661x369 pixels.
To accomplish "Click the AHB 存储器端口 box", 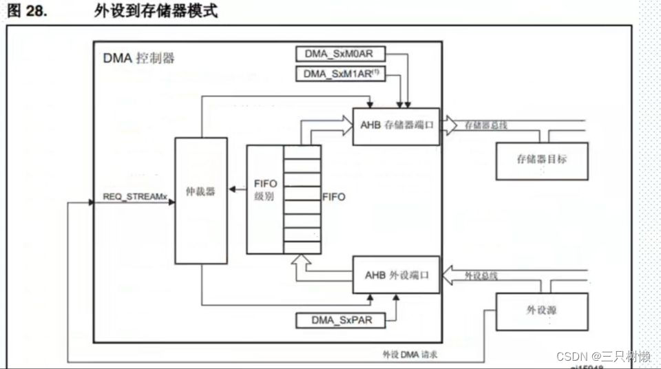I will coord(396,126).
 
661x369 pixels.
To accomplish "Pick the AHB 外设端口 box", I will coord(396,274).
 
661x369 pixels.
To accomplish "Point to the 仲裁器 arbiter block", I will coord(201,200).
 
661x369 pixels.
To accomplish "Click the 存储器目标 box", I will coord(542,161).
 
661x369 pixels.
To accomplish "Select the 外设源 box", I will coord(542,311).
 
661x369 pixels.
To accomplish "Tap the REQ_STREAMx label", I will coord(135,197).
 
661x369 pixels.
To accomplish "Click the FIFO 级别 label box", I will coord(265,199).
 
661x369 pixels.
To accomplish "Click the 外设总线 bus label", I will coord(481,275).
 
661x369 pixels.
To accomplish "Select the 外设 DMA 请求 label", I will coord(411,355).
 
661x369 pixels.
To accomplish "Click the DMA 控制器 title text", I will coord(138,58).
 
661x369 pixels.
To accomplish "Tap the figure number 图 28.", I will coord(27,12).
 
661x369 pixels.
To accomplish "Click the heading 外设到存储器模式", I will coord(156,12).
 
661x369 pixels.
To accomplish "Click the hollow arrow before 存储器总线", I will coord(449,125).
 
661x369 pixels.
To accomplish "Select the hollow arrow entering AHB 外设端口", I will coord(449,275).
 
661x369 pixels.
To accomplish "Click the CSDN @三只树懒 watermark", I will coord(603,357).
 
